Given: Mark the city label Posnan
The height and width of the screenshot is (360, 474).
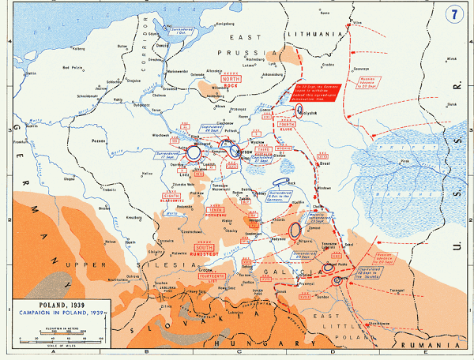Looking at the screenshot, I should [x=99, y=141].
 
